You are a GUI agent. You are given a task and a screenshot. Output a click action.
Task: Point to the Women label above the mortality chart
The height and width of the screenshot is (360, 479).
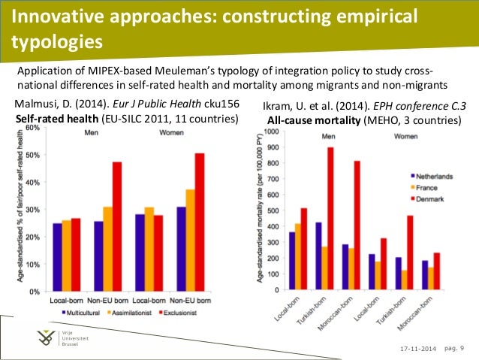[x=405, y=138]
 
